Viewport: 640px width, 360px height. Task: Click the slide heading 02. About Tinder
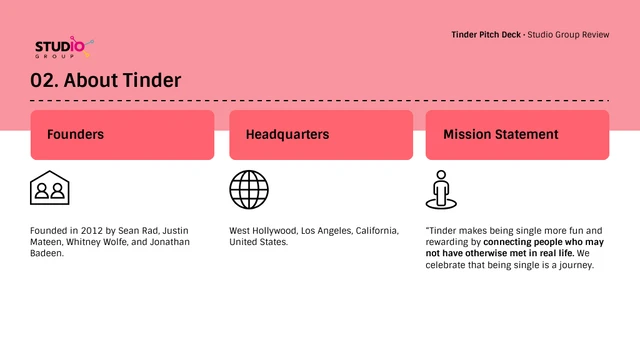click(106, 81)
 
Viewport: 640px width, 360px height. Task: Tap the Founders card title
click(75, 134)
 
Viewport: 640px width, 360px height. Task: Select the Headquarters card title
click(287, 134)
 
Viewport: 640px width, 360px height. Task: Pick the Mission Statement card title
click(500, 134)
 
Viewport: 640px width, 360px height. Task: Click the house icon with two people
click(50, 188)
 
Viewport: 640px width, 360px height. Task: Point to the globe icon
click(249, 189)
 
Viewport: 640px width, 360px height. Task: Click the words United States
click(258, 242)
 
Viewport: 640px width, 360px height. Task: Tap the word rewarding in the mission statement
click(449, 242)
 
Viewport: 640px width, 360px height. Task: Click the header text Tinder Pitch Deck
click(487, 35)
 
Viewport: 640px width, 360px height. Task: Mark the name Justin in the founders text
click(176, 230)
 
